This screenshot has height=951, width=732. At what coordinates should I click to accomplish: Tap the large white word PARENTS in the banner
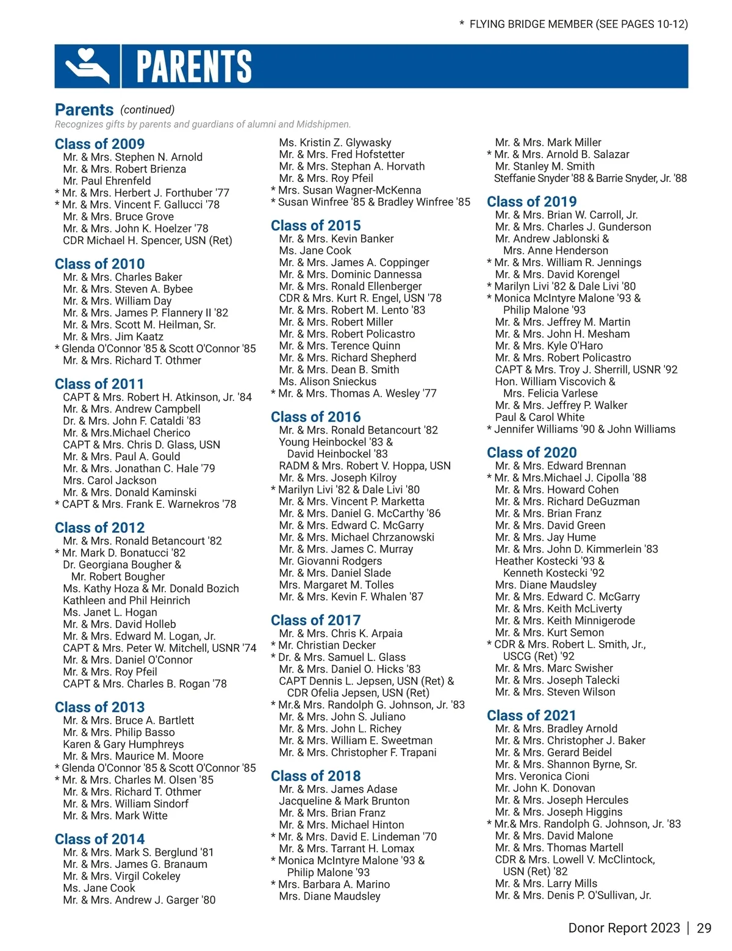tap(194, 67)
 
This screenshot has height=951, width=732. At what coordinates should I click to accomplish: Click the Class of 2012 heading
tap(99, 527)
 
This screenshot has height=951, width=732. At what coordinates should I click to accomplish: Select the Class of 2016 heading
tap(315, 417)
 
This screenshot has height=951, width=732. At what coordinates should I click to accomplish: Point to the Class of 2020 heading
tap(531, 452)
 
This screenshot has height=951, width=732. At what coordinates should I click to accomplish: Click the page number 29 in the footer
tap(704, 928)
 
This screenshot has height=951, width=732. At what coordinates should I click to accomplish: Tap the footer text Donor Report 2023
tap(623, 928)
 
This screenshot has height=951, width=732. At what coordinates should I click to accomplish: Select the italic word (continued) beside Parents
tap(148, 110)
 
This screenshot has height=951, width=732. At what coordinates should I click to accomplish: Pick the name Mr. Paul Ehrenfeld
tap(107, 181)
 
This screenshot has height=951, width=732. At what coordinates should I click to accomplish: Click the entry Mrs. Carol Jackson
tap(110, 480)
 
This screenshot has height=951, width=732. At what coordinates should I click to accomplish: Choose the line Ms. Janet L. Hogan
tap(110, 612)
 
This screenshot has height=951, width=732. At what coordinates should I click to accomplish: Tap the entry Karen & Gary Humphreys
tap(123, 744)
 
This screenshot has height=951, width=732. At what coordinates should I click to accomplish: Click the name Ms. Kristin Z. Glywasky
tap(335, 142)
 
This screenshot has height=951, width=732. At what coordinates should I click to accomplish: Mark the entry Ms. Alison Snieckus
tap(328, 381)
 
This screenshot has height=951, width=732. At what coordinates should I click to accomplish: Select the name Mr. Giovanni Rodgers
tap(330, 561)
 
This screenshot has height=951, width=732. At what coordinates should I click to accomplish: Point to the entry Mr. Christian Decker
tap(326, 645)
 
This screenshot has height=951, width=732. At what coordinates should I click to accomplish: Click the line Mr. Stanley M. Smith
tap(545, 166)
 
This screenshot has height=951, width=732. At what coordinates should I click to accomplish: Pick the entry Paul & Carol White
tap(539, 417)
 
